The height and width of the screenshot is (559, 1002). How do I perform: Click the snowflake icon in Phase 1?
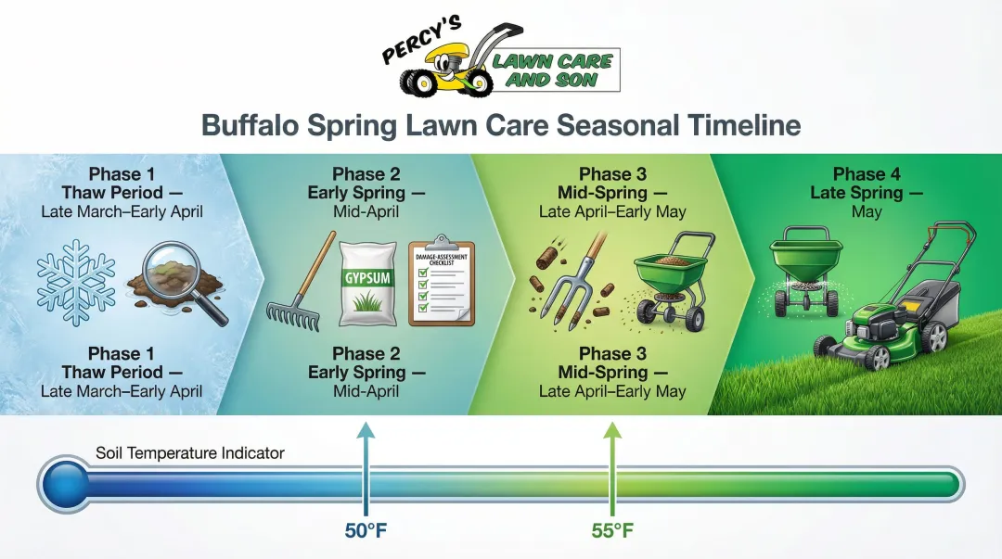(x=76, y=279)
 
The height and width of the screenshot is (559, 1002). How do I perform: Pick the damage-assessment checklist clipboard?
(x=442, y=282)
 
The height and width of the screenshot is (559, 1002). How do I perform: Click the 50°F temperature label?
(x=366, y=531)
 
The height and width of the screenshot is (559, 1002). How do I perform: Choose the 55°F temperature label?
(x=612, y=531)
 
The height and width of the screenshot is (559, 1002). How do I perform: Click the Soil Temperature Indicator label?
(x=190, y=453)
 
